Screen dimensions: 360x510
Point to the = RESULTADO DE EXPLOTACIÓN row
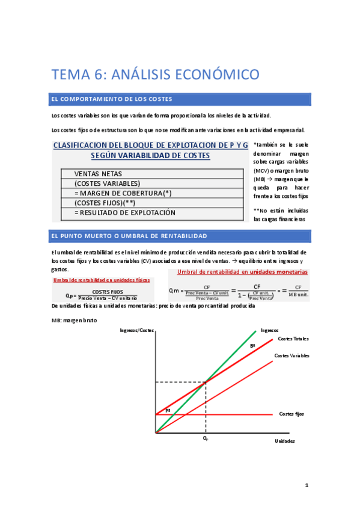(x=124, y=212)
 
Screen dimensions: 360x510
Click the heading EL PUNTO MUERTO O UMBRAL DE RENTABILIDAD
(x=129, y=236)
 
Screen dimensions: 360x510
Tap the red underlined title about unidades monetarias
(x=242, y=272)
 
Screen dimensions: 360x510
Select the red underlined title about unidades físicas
(x=101, y=280)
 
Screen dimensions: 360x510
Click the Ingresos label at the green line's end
(x=269, y=330)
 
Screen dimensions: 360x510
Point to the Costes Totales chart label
(x=293, y=339)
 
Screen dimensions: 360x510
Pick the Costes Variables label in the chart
(x=291, y=356)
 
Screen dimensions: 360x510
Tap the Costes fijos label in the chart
(x=291, y=414)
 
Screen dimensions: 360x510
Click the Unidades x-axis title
(x=284, y=441)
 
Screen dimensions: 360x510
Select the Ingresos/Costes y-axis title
(x=137, y=330)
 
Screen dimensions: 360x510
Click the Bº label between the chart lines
(x=252, y=347)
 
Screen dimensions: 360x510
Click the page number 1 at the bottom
(x=306, y=485)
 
